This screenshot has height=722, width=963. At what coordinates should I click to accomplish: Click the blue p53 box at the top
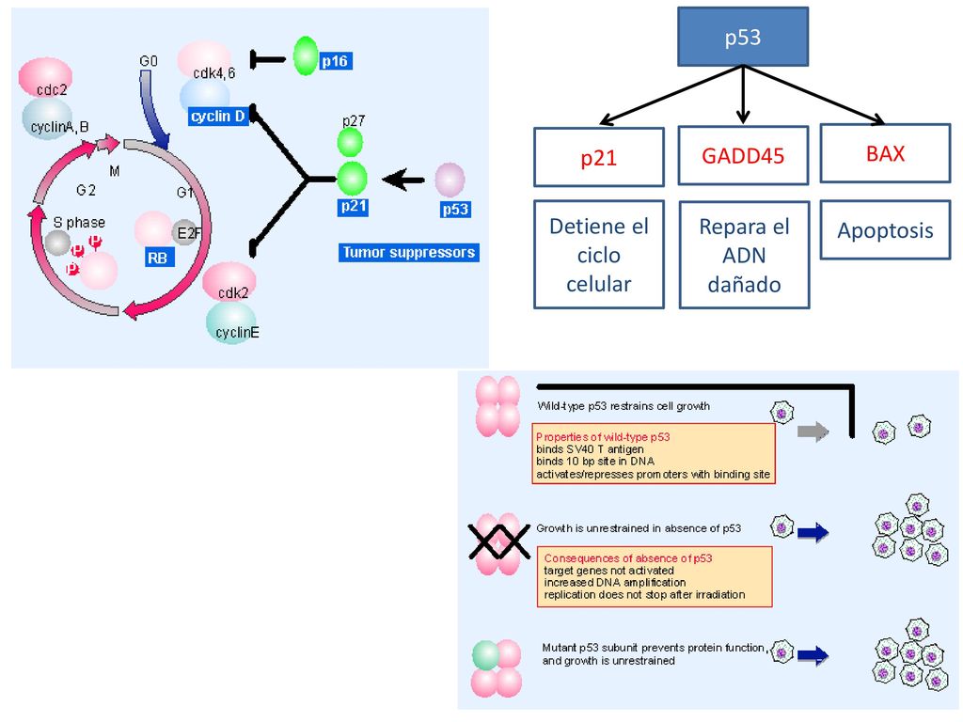click(743, 37)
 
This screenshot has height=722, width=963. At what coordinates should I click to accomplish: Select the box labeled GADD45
click(743, 155)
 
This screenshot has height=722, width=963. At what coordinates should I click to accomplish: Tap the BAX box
click(885, 153)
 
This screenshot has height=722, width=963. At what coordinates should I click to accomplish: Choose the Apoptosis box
click(885, 229)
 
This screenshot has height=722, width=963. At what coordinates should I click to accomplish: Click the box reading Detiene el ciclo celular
click(599, 254)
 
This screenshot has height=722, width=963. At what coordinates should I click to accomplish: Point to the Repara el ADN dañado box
click(744, 255)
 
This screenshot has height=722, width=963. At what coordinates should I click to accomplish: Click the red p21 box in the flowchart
click(599, 157)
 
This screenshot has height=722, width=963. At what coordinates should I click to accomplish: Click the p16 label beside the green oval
click(335, 61)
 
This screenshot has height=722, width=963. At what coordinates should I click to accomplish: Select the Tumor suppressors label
click(408, 252)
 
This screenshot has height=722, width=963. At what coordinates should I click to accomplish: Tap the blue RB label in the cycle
click(158, 258)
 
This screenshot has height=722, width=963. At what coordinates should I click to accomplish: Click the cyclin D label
click(218, 116)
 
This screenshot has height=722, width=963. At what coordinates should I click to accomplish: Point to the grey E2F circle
click(185, 233)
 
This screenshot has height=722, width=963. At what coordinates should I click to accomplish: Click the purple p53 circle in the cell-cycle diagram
click(450, 180)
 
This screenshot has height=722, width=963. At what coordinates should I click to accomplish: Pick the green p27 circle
click(351, 143)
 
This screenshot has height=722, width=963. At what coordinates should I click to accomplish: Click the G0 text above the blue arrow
click(149, 61)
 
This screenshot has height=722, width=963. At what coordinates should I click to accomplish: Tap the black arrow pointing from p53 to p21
click(403, 180)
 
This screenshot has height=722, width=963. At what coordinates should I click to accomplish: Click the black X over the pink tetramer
click(498, 541)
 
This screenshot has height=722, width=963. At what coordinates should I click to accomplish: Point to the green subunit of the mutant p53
click(486, 655)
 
